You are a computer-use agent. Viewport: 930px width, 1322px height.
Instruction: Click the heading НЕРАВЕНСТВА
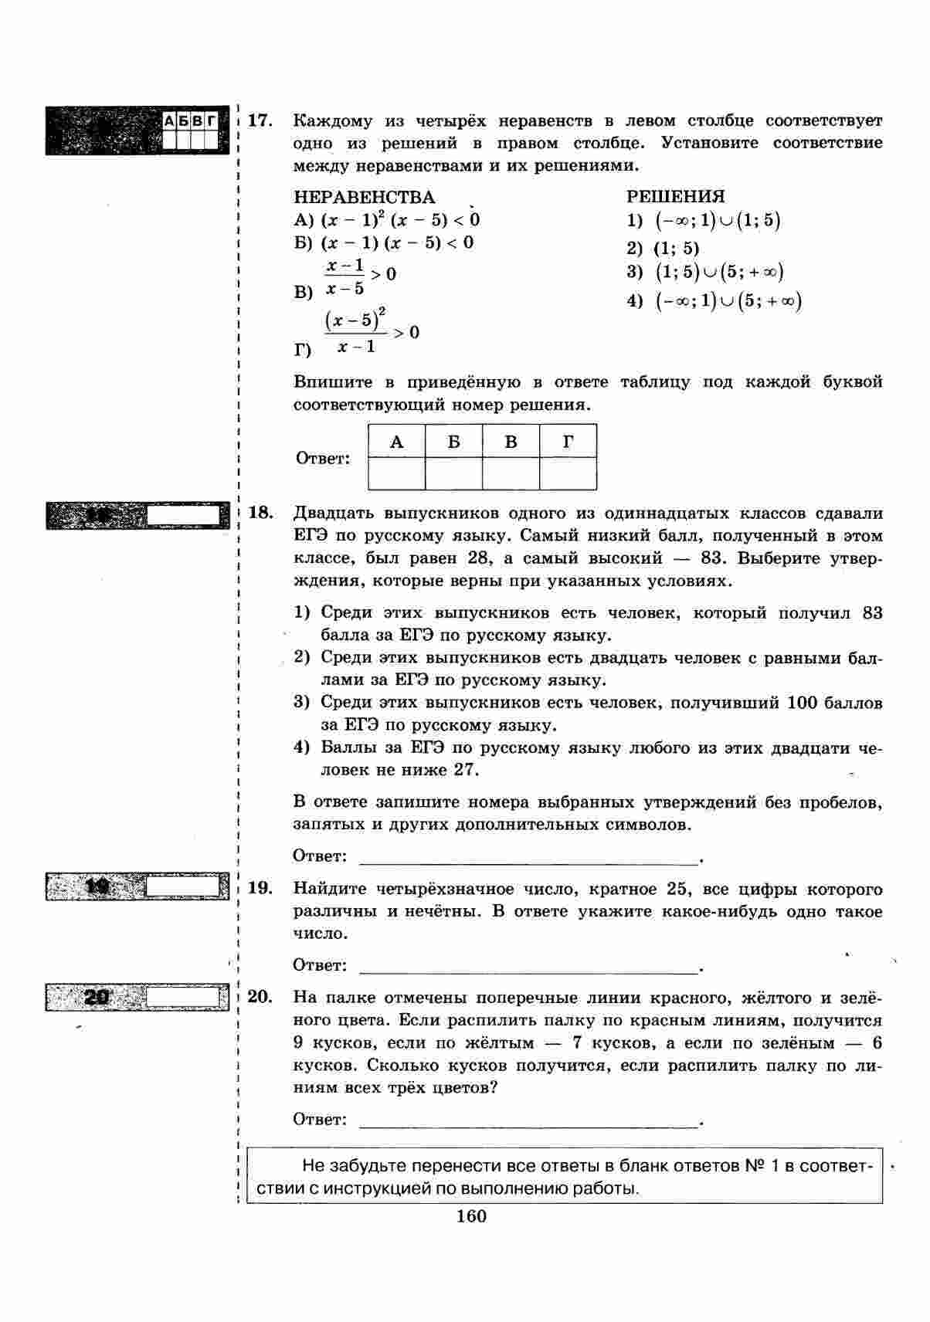point(364,198)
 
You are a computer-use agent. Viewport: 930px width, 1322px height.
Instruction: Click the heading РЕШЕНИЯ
point(675,197)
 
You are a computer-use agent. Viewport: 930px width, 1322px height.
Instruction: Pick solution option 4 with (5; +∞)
point(714,301)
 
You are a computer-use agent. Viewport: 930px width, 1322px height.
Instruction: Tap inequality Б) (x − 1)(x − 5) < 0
point(384,243)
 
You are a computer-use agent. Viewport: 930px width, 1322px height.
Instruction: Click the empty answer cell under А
point(396,473)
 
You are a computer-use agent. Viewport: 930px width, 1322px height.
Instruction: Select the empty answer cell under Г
point(568,473)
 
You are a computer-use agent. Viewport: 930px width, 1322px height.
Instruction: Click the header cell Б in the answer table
point(453,442)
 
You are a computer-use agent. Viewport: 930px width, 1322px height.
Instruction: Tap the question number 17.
point(260,120)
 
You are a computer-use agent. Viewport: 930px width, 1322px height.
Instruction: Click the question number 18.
point(260,514)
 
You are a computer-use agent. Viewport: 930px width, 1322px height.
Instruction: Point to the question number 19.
point(260,888)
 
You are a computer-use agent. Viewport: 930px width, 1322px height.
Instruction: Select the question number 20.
point(260,997)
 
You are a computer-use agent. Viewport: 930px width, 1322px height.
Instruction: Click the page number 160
point(471,1217)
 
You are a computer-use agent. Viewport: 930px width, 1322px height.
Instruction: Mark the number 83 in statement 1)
point(871,614)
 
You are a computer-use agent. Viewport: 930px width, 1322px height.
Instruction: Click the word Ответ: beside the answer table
point(323,459)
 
